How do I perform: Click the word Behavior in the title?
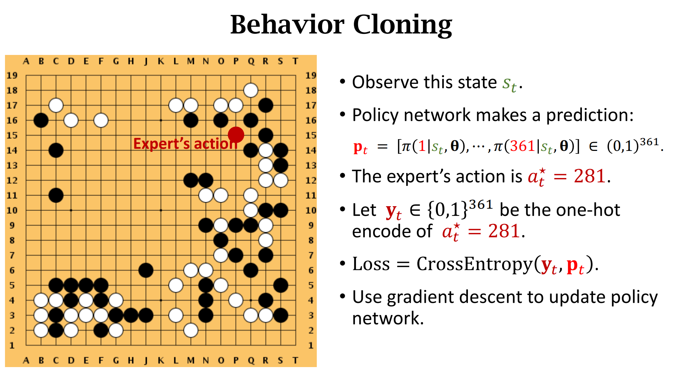tap(287, 25)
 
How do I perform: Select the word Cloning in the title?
tap(402, 25)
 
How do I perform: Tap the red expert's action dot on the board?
tap(236, 135)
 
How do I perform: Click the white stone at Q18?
tap(251, 90)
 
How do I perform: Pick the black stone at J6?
tap(146, 270)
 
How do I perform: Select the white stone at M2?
tap(191, 330)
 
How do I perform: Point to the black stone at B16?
tap(41, 120)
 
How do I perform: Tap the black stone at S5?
tap(281, 285)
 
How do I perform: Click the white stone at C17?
tap(56, 105)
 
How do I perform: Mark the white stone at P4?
tap(236, 300)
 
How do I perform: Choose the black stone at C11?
tap(56, 195)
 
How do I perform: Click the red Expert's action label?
tap(185, 144)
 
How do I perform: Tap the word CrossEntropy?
tap(474, 264)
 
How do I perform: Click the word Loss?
tap(371, 264)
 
